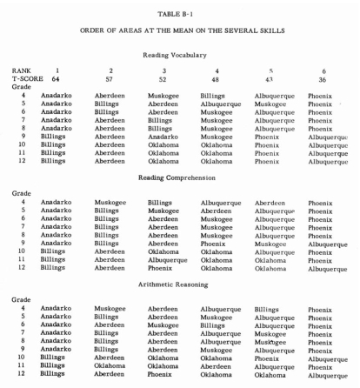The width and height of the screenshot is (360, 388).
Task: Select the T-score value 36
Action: [x=324, y=78]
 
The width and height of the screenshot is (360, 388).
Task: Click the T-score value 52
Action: [x=165, y=78]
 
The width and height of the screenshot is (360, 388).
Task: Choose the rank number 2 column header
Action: [x=111, y=70]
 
